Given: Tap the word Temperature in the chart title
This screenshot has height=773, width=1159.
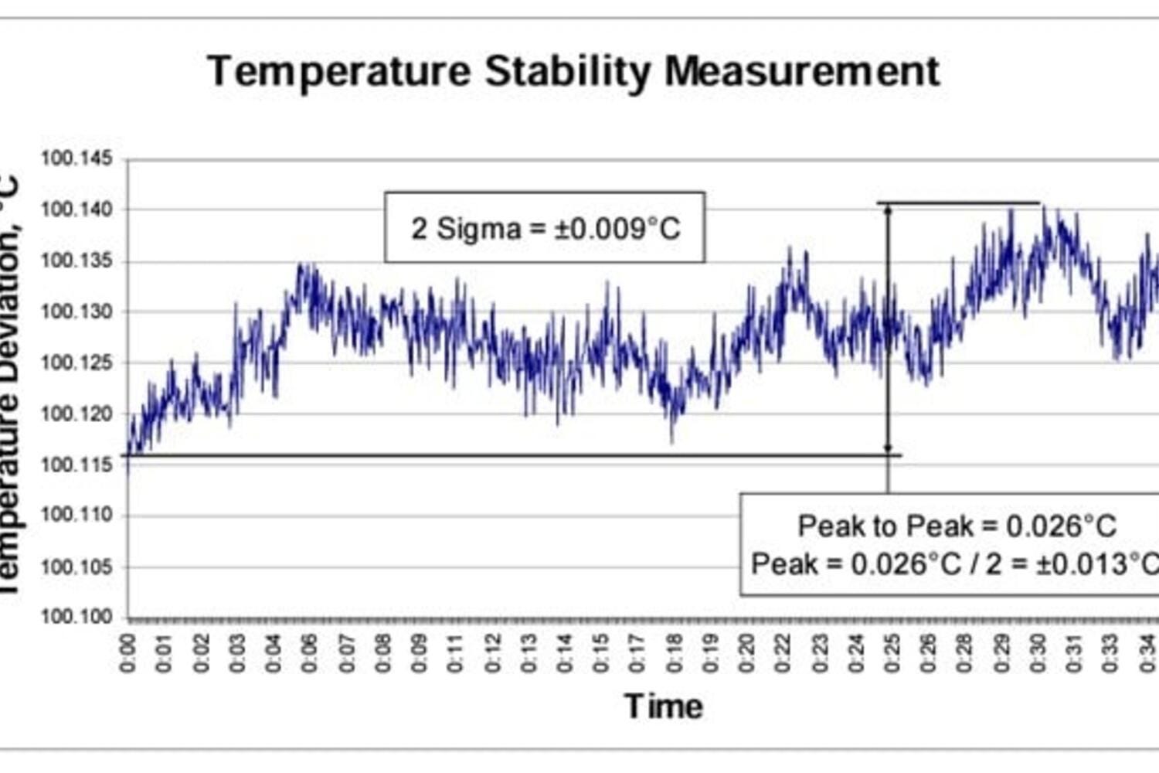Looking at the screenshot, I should click(338, 72).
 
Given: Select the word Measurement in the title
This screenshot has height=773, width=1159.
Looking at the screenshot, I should click(802, 72).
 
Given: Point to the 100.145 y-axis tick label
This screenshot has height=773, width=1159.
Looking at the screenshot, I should click(76, 159).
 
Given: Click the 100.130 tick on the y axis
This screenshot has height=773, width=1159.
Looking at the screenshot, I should click(76, 312).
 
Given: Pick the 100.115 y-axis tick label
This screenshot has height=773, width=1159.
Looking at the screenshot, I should click(76, 465).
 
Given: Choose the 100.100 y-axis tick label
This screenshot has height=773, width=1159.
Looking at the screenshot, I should click(76, 617).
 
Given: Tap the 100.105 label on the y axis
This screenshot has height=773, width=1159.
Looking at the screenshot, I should click(76, 567).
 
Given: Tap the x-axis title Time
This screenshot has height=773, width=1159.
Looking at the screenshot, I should click(664, 707).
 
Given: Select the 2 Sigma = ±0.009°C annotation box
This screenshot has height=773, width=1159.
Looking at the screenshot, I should click(545, 228).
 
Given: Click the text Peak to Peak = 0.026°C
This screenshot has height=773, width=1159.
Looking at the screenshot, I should click(957, 526).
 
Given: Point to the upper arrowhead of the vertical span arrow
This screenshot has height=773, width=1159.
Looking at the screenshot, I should click(888, 209).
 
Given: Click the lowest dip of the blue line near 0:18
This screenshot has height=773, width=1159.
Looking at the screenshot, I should click(671, 441).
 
